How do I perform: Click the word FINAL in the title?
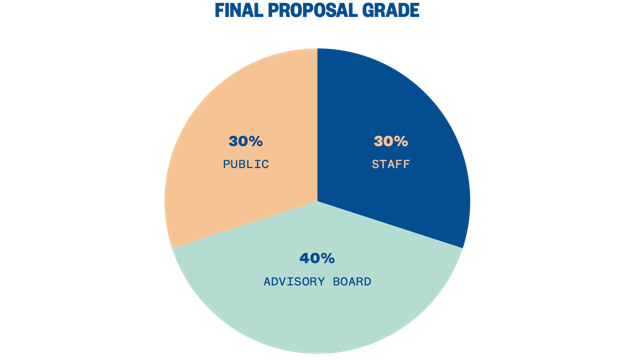point(240,12)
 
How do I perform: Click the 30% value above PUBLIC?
point(246,141)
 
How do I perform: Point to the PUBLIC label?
point(246,164)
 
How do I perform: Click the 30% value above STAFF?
point(391,141)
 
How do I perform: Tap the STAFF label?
point(391,164)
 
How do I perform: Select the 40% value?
point(317,258)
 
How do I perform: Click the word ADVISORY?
point(294,282)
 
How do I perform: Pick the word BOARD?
point(352,282)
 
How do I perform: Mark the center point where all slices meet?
point(317,201)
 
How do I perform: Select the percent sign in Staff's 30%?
point(402,141)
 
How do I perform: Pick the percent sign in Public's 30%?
point(257,141)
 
